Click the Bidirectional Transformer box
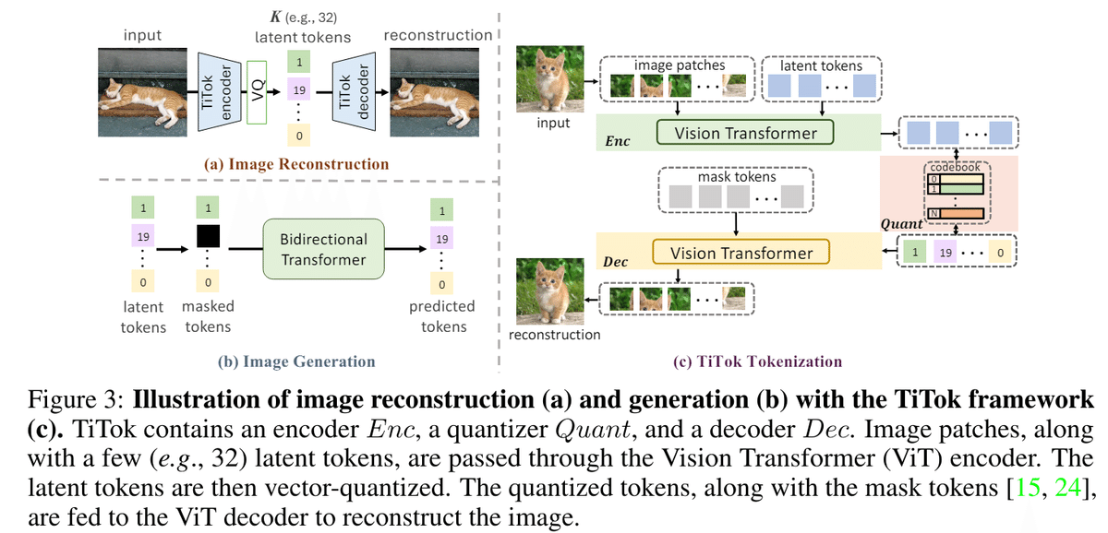323,249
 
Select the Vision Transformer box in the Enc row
745,133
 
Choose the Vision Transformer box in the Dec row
741,252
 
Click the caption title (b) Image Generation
296,361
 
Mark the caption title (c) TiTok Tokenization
757,361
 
